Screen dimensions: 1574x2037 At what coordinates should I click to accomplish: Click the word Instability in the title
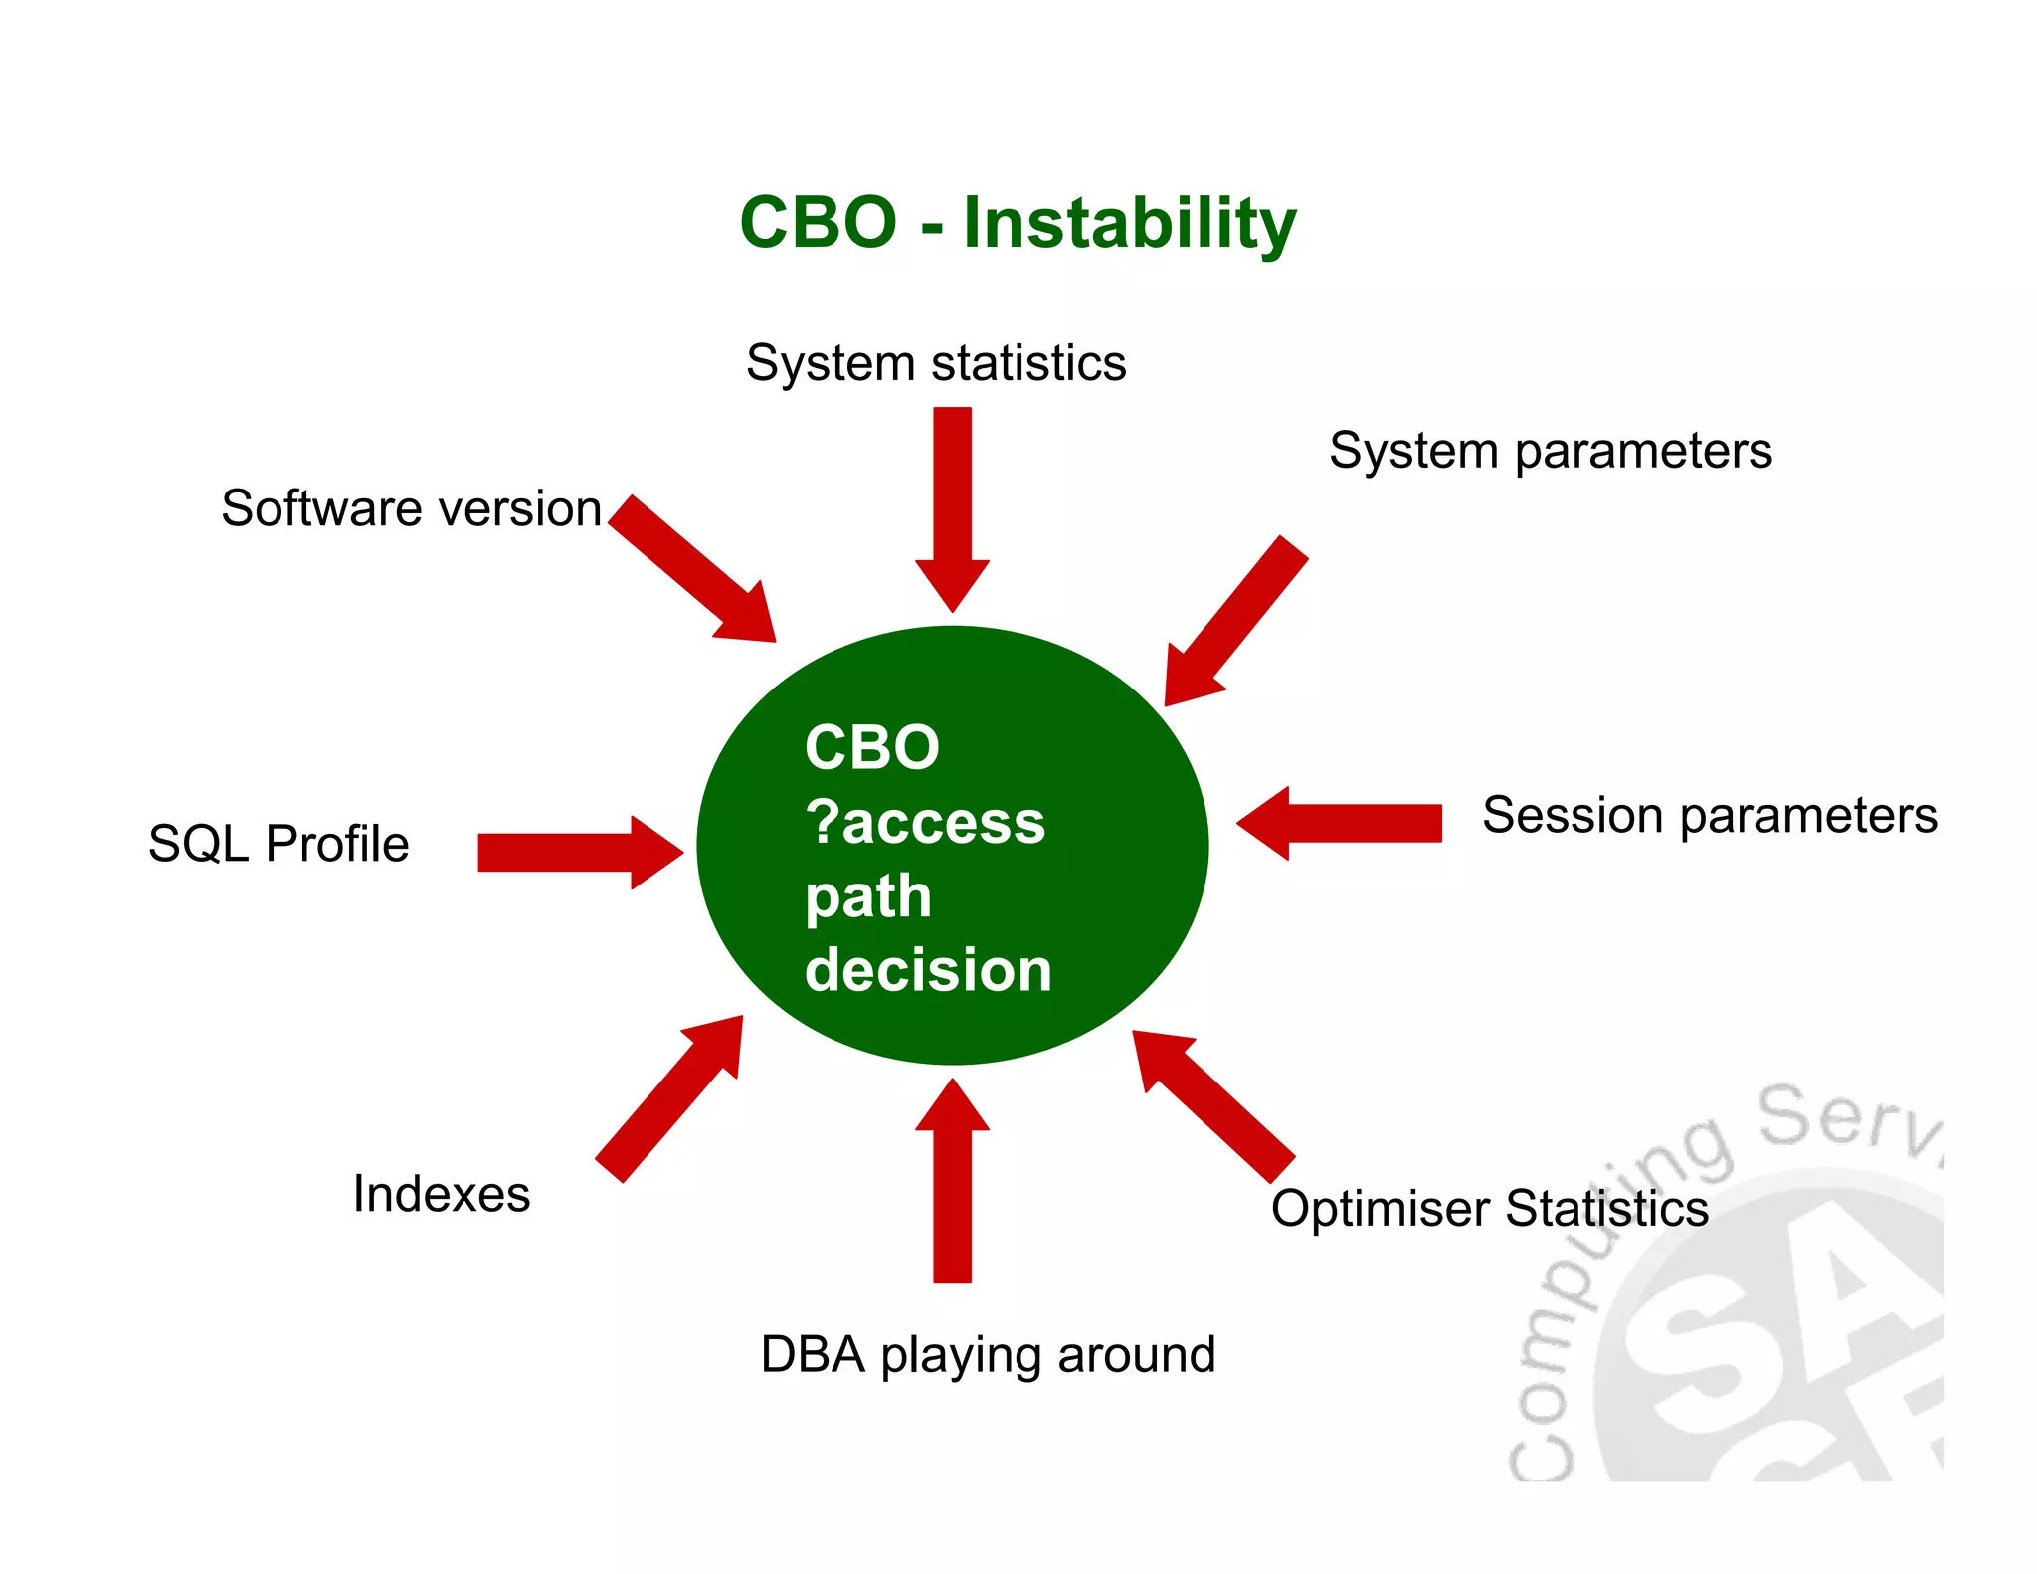[x=1129, y=223]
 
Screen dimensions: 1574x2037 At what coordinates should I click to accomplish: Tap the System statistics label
[x=936, y=363]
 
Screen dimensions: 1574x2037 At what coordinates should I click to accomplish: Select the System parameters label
[x=1550, y=451]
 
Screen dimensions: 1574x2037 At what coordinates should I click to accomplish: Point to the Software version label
[x=411, y=509]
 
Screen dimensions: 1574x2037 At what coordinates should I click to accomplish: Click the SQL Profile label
[x=278, y=844]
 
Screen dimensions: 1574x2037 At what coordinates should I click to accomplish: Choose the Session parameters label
[x=1709, y=815]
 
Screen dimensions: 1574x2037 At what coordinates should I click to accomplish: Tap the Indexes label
[x=442, y=1194]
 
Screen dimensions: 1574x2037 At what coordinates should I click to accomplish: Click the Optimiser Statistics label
[x=1489, y=1209]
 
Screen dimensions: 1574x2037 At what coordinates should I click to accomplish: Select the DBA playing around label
[x=988, y=1355]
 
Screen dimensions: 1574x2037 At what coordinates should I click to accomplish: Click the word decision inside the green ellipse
[x=928, y=970]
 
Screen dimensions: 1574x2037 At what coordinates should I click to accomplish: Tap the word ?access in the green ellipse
[x=925, y=823]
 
